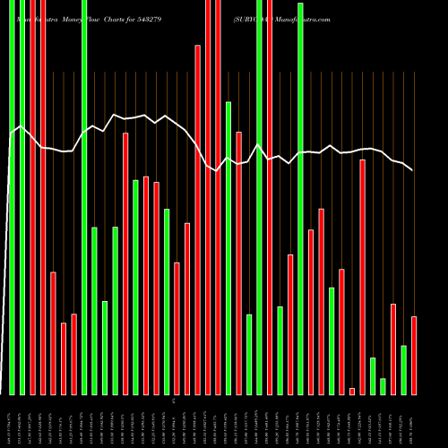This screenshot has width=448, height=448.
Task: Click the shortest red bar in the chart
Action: click(x=352, y=391)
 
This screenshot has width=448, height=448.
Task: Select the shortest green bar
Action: click(x=383, y=386)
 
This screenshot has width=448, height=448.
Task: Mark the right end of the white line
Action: click(x=412, y=169)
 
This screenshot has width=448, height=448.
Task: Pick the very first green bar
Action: click(x=12, y=197)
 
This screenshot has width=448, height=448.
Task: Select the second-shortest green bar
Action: click(x=373, y=375)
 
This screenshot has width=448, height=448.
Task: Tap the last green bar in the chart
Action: click(x=403, y=369)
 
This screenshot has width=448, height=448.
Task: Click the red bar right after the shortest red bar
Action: click(x=362, y=277)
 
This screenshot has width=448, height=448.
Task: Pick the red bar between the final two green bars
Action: click(x=393, y=349)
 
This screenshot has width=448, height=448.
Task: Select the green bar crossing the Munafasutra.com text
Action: click(x=300, y=198)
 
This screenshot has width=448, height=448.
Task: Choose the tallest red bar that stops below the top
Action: click(x=197, y=220)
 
